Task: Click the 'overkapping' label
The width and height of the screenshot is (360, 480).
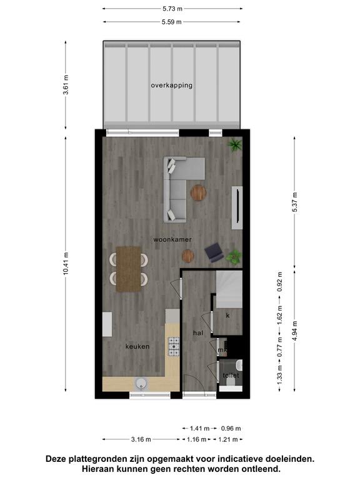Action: [x=172, y=86]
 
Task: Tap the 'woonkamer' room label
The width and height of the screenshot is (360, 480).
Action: [x=172, y=239]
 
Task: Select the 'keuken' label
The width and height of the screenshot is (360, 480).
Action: [x=137, y=346]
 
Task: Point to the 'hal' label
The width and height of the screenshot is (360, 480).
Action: [x=198, y=332]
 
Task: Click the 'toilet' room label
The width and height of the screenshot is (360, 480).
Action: [x=231, y=375]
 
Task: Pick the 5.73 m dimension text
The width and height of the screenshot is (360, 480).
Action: [x=172, y=9]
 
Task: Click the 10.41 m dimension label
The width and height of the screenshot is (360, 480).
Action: [x=66, y=264]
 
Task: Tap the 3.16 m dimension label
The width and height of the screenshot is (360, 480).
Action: [x=141, y=439]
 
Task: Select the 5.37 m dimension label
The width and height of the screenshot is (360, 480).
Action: [x=294, y=202]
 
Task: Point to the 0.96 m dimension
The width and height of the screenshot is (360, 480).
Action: [x=231, y=429]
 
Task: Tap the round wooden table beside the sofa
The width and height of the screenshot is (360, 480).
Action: [x=198, y=193]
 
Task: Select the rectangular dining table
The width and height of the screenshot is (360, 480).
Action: [x=129, y=269]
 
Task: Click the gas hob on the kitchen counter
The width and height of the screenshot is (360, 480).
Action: [x=174, y=346]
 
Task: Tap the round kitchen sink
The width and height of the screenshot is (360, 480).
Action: [x=141, y=384]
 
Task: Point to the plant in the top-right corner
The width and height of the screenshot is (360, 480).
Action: [x=235, y=145]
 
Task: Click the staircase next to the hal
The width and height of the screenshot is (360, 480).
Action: [x=229, y=289]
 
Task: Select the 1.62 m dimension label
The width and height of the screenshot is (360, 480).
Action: [x=279, y=315]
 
